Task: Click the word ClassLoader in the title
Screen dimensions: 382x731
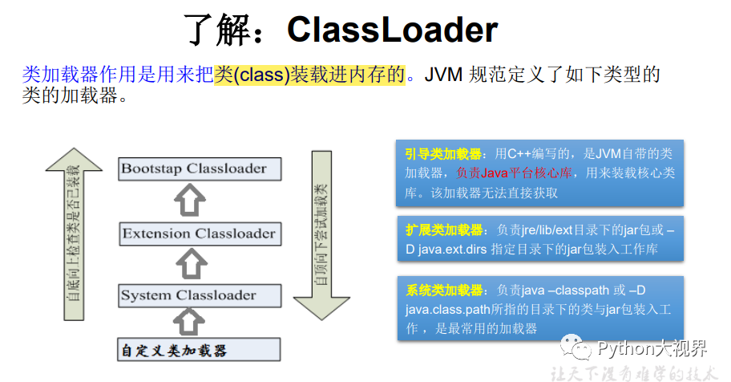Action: [392, 30]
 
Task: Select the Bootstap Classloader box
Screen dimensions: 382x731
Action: [193, 169]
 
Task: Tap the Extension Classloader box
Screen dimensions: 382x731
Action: [199, 234]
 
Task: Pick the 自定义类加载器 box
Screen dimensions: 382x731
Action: [173, 351]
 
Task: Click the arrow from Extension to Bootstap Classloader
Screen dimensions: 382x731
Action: [191, 201]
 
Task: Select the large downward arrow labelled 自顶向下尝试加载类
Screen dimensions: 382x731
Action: [321, 233]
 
